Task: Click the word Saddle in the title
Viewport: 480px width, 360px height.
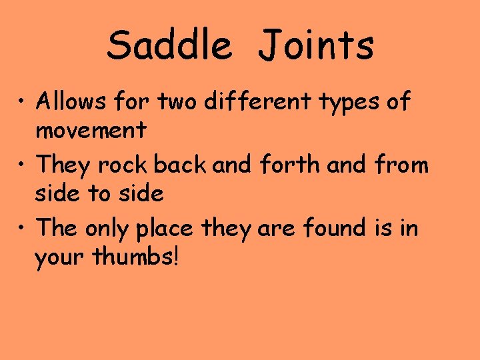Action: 169,45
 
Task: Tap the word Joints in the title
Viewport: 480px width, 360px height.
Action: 316,45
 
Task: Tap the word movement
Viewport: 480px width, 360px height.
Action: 91,130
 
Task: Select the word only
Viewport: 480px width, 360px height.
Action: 108,229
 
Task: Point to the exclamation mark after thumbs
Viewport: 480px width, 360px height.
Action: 175,257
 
